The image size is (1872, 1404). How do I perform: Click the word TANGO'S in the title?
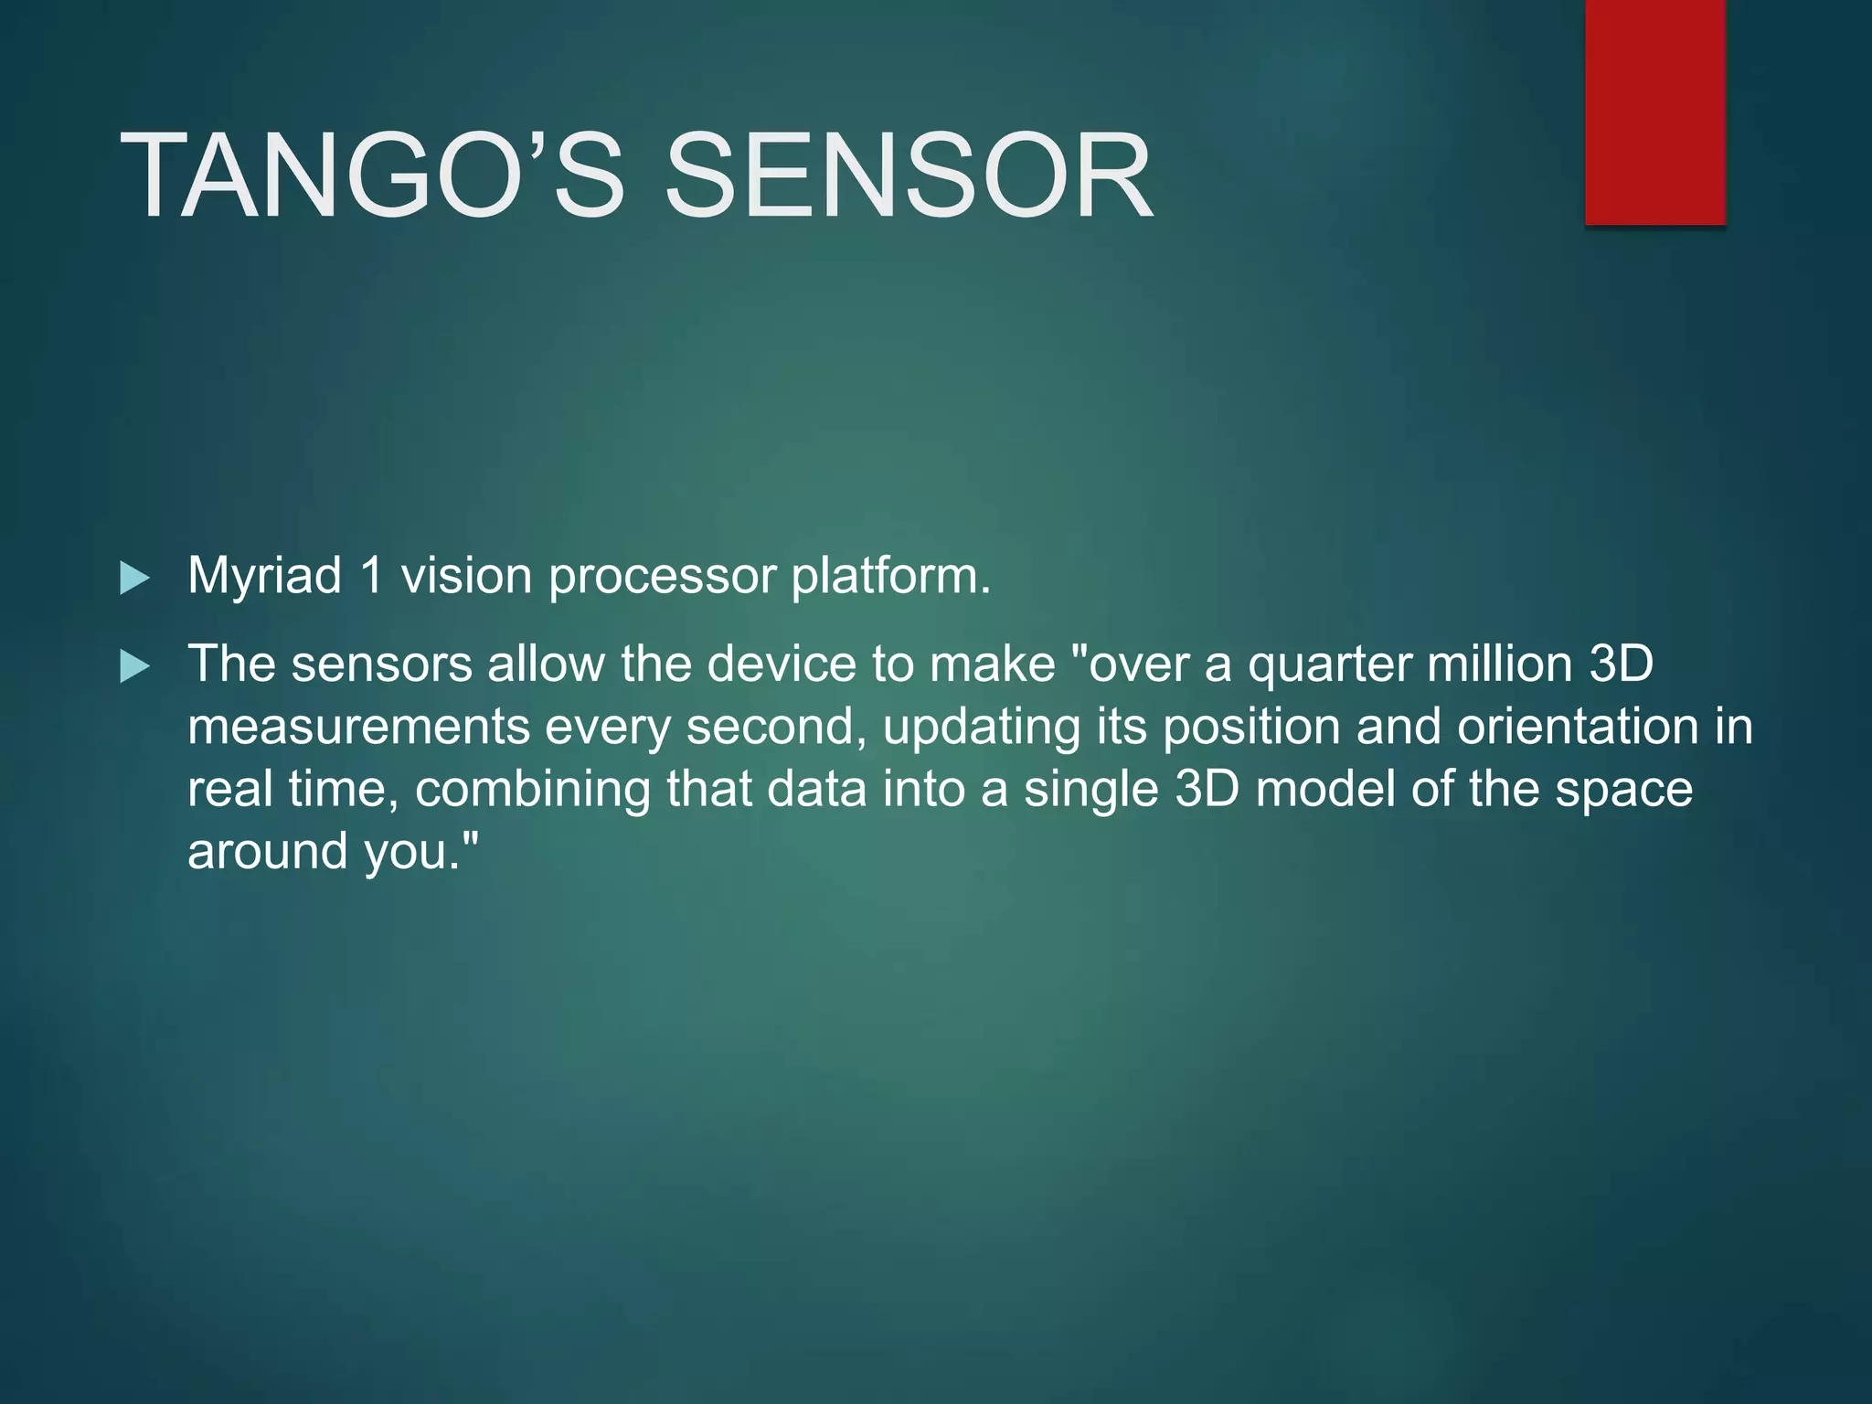coord(371,175)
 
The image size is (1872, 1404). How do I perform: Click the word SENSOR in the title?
coord(909,175)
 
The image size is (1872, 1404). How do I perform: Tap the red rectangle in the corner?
coord(1654,112)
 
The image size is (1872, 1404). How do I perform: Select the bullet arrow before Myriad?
coord(134,579)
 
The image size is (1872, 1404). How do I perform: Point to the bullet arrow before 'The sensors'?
coord(134,666)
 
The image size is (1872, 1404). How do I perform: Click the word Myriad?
coord(264,577)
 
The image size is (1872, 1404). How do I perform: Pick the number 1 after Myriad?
coord(371,577)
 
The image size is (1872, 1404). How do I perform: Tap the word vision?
coord(466,577)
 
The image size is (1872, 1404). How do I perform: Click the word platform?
coord(890,577)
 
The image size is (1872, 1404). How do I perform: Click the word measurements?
coord(358,728)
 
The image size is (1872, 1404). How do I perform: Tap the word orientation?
coord(1578,728)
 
